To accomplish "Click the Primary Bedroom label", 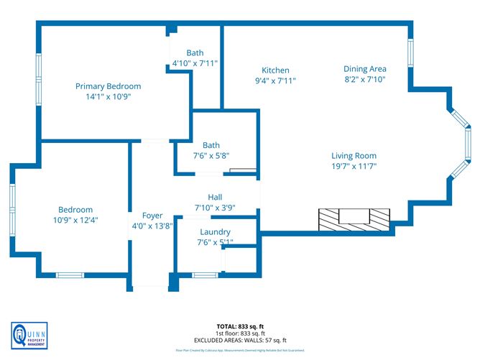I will (108, 86).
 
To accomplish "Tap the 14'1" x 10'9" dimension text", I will (108, 96).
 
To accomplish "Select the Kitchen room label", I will (275, 70).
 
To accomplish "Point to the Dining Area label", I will (365, 69).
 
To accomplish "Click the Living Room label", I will (354, 156).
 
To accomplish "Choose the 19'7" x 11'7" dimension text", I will (354, 166).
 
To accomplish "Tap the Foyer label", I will (152, 215).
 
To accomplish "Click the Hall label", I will (215, 197).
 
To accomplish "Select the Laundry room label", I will (215, 232).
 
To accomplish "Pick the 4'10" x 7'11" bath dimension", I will (195, 63).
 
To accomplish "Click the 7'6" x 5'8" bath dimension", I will (211, 155).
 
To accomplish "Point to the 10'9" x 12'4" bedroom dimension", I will (75, 220).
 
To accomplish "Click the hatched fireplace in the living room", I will (354, 218).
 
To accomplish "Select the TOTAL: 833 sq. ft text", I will (241, 326).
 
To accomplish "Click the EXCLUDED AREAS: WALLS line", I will (241, 341).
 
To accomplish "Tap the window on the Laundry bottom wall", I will (205, 274).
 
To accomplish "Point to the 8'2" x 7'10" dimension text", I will (365, 80).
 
